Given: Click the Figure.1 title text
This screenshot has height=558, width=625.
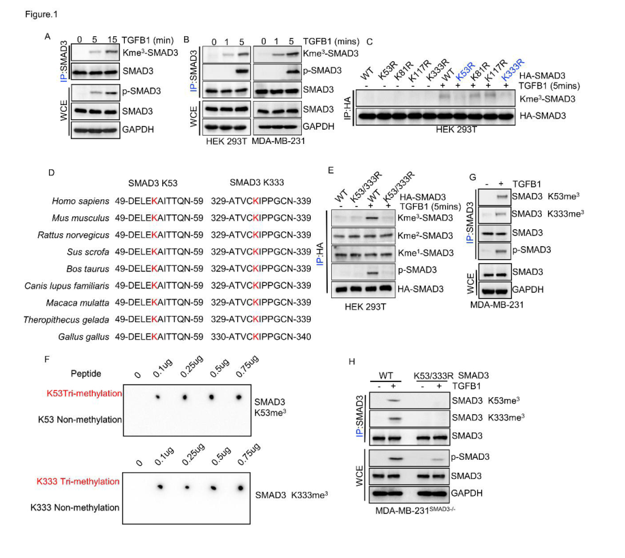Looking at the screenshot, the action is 42,14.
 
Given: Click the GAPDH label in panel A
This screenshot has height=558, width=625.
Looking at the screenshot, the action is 138,130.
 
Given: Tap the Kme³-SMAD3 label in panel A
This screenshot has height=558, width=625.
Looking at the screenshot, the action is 150,53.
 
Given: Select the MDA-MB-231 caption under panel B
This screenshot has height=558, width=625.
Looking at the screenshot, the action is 278,141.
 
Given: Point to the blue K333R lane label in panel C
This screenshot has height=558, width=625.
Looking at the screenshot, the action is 513,69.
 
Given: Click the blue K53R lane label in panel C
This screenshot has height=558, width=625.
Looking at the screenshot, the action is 465,71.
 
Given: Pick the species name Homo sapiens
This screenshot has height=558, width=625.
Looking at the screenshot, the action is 80,201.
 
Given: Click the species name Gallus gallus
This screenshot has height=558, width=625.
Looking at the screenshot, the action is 84,336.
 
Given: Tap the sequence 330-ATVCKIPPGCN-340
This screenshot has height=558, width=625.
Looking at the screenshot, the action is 261,336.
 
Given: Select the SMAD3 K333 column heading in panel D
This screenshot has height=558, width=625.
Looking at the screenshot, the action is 257,183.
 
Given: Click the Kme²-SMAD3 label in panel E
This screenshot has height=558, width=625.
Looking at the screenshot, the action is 425,235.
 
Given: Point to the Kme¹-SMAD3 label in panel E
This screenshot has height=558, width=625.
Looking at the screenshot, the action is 426,252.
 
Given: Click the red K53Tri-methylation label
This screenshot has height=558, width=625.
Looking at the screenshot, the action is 85,394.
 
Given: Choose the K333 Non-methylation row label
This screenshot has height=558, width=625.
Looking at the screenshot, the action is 75,508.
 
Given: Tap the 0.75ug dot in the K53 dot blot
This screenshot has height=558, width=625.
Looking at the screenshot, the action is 239,397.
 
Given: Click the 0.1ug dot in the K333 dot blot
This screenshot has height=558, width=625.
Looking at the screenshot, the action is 160,486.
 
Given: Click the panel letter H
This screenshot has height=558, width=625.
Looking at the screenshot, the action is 352,362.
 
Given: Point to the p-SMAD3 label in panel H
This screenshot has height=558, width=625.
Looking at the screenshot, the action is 470,456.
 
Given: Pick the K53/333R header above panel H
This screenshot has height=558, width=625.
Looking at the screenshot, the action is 433,376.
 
